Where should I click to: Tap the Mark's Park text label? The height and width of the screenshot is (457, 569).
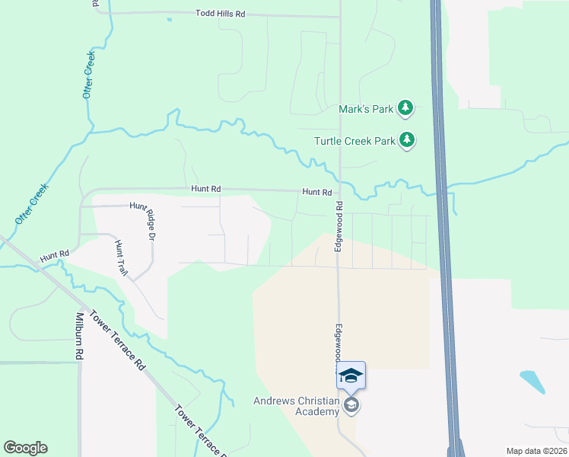coord(366,109)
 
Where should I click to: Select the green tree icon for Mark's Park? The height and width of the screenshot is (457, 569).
coord(406,109)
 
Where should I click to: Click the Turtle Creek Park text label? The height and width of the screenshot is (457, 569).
coord(355,141)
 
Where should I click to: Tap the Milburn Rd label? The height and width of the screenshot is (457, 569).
coord(79,336)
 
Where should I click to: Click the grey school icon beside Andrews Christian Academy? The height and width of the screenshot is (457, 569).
coord(351,404)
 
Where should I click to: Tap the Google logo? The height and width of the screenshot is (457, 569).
coord(26,448)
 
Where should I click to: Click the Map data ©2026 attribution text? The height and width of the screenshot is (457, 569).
coord(536,451)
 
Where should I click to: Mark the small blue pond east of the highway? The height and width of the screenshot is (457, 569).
coord(532,381)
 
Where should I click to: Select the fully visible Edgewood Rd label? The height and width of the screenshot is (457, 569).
coord(339,226)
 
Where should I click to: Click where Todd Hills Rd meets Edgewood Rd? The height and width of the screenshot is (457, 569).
coord(339,16)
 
